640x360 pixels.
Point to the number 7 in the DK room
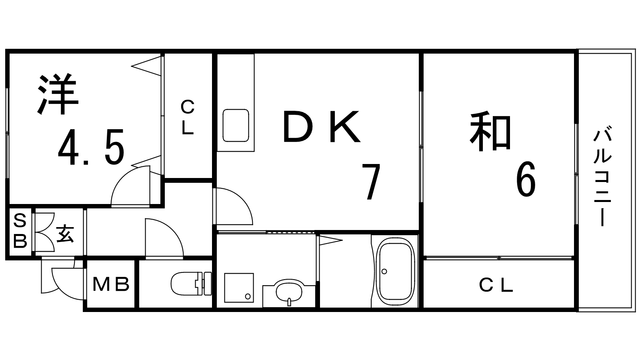[x=370, y=182]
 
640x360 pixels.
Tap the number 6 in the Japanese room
[x=525, y=180]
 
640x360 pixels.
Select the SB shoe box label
[x=20, y=231]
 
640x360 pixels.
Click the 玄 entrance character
[x=65, y=234]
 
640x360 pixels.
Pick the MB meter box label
[x=111, y=284]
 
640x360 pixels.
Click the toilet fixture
[x=190, y=284]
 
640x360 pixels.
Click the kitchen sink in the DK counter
[x=236, y=125]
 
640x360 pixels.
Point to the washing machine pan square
[x=239, y=288]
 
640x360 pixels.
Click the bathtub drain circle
[x=384, y=271]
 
